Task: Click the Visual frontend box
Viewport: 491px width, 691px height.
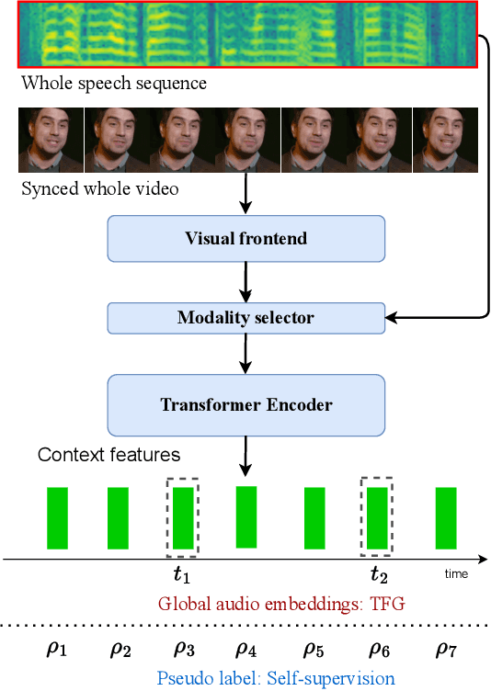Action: [245, 239]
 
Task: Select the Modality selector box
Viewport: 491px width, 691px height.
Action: [245, 319]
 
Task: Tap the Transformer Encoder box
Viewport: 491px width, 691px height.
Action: [245, 405]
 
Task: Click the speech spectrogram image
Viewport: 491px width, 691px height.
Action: [248, 34]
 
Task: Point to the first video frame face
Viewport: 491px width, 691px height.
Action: [51, 140]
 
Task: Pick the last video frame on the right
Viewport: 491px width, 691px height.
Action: [445, 140]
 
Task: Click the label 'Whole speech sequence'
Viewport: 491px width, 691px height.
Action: [114, 84]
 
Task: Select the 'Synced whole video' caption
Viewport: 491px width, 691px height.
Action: [99, 189]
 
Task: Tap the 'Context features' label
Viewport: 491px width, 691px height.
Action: [108, 455]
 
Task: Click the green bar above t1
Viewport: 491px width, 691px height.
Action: [183, 518]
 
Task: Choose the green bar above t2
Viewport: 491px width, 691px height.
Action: [377, 518]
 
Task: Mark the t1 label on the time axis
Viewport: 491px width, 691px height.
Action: [182, 576]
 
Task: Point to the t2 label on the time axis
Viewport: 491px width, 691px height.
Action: [378, 576]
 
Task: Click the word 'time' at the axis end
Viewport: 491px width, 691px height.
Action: [456, 574]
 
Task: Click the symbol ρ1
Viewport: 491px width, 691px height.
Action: [57, 649]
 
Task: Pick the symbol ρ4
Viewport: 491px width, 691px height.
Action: [245, 649]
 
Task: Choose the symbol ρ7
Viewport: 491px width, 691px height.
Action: [445, 649]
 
